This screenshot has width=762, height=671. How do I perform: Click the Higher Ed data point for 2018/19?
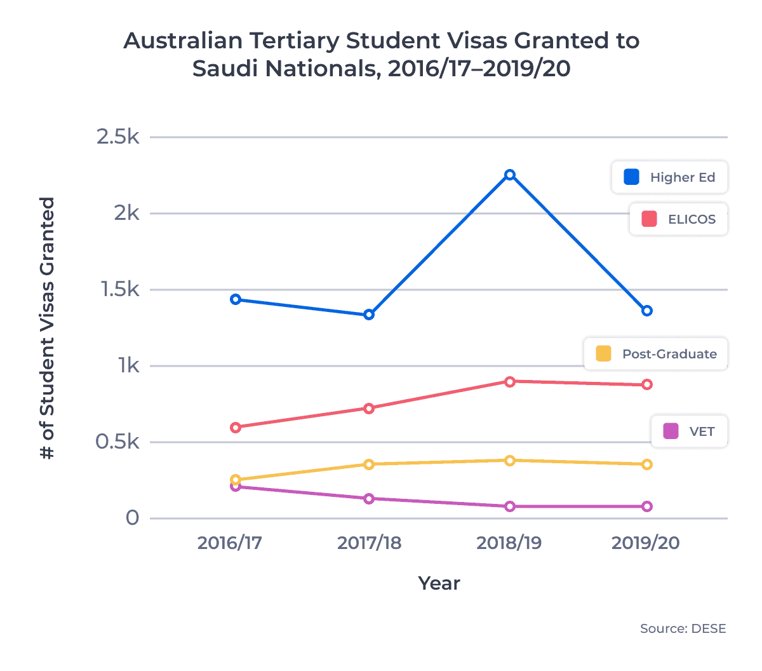(x=509, y=175)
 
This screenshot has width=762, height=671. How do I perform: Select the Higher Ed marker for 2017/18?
(x=369, y=315)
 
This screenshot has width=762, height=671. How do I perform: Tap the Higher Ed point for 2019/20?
(x=646, y=311)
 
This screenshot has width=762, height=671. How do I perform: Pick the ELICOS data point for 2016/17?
(x=236, y=428)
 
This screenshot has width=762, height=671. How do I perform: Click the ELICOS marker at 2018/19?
(x=509, y=381)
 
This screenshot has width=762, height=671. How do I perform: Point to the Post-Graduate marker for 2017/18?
(x=369, y=464)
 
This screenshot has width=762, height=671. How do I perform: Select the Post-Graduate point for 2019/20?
(x=646, y=464)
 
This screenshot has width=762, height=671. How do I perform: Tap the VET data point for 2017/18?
(x=369, y=499)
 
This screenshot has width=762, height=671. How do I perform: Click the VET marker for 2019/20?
(x=646, y=506)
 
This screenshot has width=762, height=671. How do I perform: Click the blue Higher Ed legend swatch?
(x=631, y=177)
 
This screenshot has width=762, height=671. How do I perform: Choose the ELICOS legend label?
(x=692, y=219)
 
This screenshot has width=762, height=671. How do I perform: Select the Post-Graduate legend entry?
(x=669, y=354)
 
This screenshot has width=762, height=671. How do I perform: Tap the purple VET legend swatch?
(x=671, y=431)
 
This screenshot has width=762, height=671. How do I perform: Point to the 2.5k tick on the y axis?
(x=117, y=137)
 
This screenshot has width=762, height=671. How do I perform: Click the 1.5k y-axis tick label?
(x=119, y=290)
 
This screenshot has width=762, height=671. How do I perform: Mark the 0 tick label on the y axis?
(x=132, y=518)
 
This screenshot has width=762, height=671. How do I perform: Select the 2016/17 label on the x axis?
(x=229, y=543)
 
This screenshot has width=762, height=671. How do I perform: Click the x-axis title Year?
(x=439, y=583)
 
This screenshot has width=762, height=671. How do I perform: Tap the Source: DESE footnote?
(x=683, y=628)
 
